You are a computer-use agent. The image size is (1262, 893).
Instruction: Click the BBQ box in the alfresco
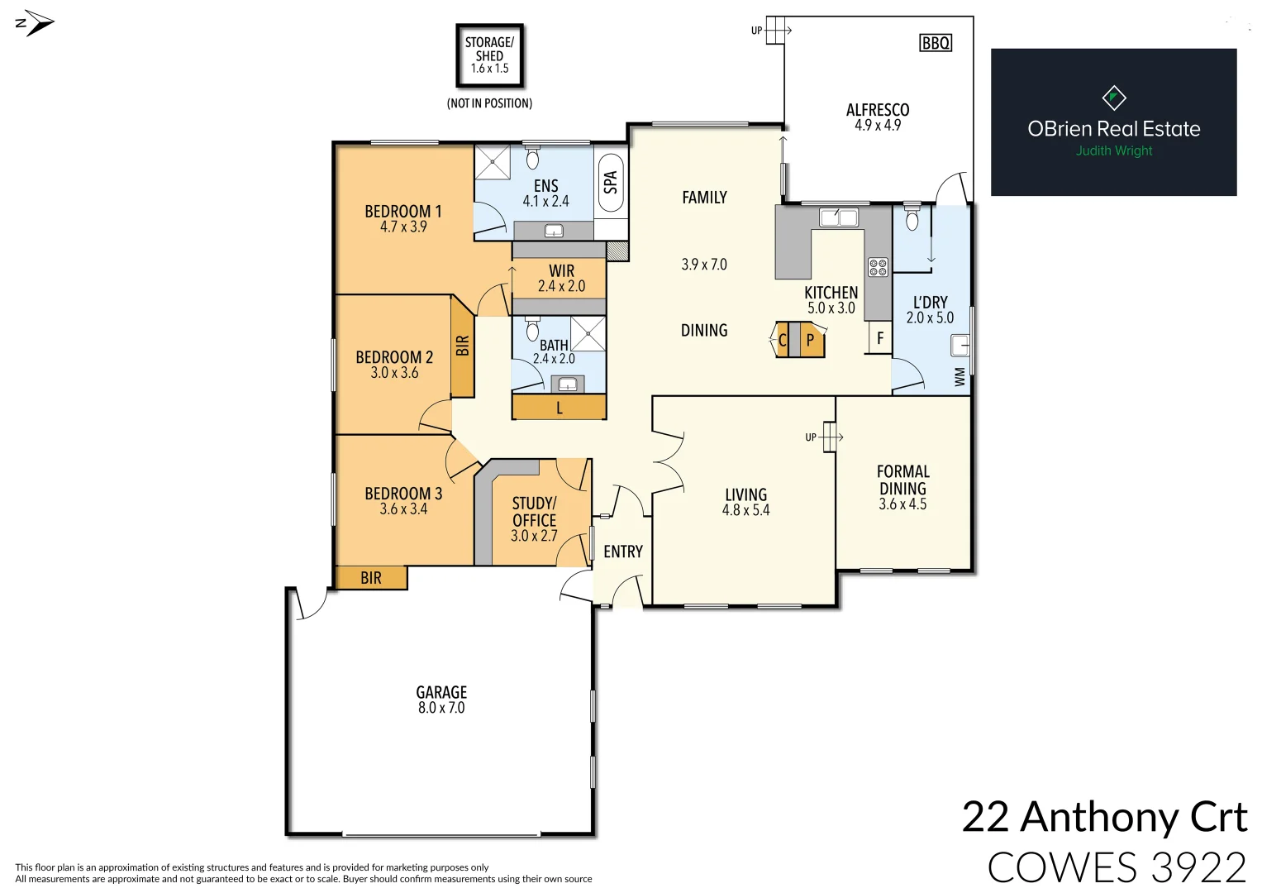936,43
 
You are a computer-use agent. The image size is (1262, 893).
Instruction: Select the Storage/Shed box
489,55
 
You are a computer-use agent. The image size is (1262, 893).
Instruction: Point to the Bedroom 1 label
403,212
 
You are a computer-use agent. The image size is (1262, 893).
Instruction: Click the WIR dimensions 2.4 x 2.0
561,287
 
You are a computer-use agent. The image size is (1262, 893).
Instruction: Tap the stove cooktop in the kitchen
878,267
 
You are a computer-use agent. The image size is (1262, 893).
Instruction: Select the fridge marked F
880,338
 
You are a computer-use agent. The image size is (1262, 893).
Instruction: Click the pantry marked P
812,340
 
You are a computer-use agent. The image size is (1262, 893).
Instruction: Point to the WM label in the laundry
960,377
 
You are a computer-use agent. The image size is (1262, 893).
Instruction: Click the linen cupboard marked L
560,408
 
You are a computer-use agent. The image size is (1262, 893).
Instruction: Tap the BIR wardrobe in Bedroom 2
462,346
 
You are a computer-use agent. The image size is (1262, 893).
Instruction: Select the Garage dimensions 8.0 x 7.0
441,708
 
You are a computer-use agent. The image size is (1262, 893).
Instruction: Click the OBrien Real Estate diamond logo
1114,98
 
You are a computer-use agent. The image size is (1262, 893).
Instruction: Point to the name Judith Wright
1113,150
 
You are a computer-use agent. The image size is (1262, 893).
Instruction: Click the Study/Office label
534,512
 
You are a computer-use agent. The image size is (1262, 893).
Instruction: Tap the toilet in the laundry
912,217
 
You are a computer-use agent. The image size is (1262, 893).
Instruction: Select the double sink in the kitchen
838,218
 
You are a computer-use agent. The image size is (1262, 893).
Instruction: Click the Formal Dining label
902,480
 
